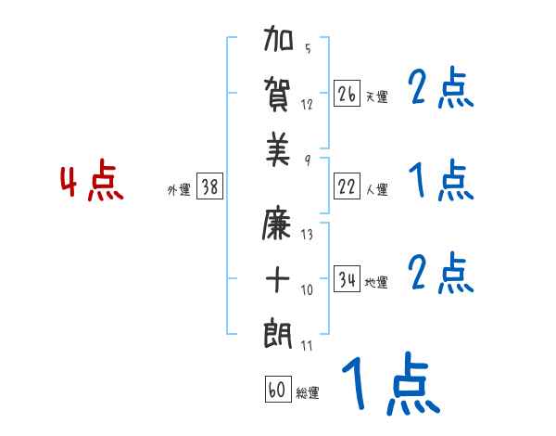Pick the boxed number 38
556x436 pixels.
(209, 187)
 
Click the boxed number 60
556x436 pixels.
(277, 390)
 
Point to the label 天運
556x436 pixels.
(376, 96)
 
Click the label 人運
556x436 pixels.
(376, 190)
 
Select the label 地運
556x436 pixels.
(376, 283)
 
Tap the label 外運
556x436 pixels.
(179, 190)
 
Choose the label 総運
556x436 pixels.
(308, 392)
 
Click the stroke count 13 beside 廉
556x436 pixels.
(307, 235)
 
